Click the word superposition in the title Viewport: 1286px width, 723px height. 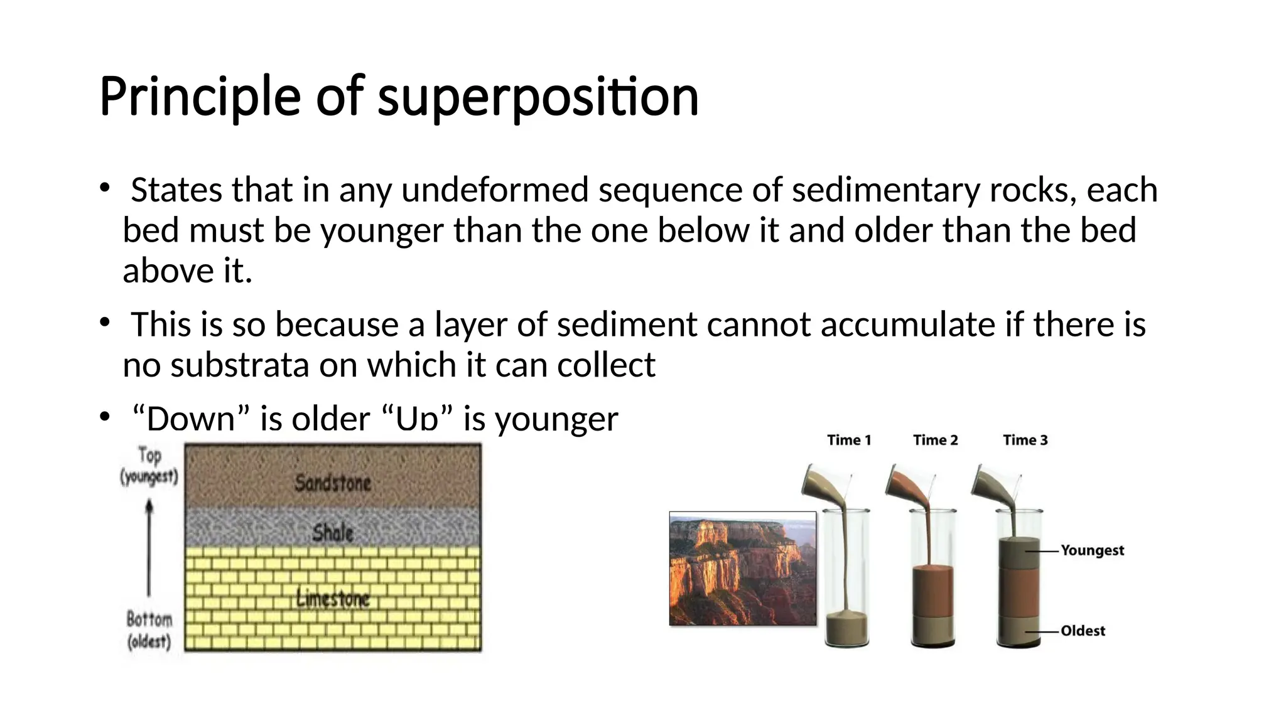tap(538, 97)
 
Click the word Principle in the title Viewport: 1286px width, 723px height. tap(200, 97)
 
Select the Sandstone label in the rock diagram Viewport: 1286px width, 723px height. tap(333, 483)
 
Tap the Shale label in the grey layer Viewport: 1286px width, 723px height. tap(333, 533)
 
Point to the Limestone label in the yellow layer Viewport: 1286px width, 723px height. tap(333, 599)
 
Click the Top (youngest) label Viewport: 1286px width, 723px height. tap(149, 466)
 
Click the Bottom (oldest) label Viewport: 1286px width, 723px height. tap(149, 630)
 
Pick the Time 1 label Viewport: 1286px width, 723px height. tap(849, 440)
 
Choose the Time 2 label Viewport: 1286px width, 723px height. tap(935, 440)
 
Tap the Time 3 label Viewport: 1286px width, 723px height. tap(1025, 440)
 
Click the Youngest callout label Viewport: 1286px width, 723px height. tap(1092, 550)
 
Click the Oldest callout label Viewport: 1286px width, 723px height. tap(1083, 631)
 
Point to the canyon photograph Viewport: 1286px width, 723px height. tap(743, 569)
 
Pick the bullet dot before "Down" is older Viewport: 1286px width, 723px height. tap(105, 417)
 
